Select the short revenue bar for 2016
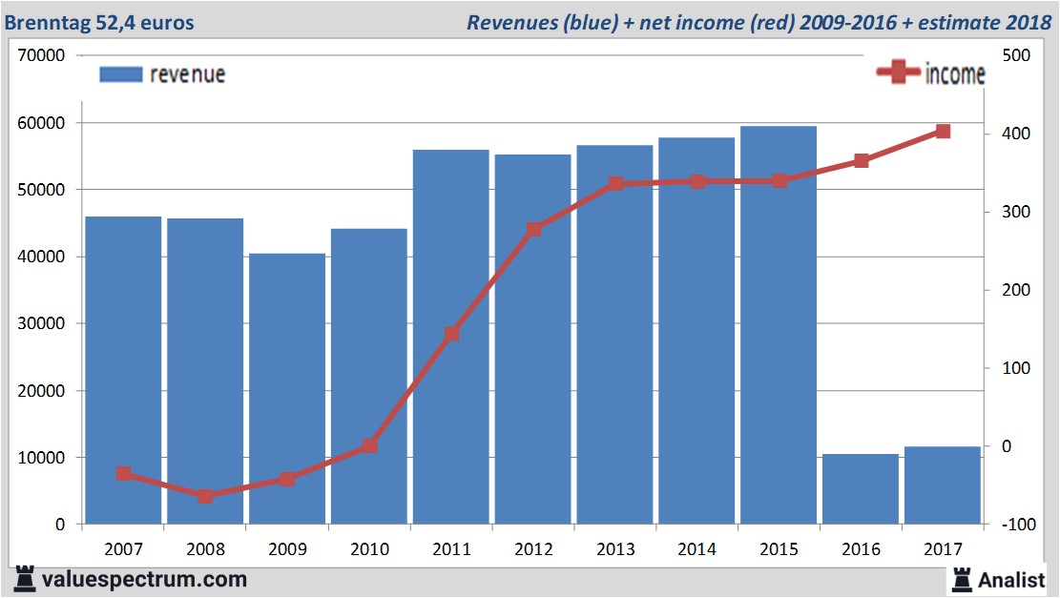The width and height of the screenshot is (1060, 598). coord(861,488)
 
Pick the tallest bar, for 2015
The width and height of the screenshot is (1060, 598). coord(779,324)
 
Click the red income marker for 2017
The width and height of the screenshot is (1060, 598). coord(943,132)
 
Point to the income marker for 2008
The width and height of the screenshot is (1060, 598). coord(205,496)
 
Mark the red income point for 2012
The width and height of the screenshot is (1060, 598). coord(533,229)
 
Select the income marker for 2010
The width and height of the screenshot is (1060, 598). coord(369,445)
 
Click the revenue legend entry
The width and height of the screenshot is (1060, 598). coord(162,74)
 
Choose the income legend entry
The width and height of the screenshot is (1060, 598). coord(930,73)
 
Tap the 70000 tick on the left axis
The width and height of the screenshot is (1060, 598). coord(41,55)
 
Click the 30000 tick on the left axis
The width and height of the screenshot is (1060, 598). coord(41,323)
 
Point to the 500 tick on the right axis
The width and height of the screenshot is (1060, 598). coord(1013,55)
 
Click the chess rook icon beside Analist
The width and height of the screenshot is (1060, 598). coord(961,578)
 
